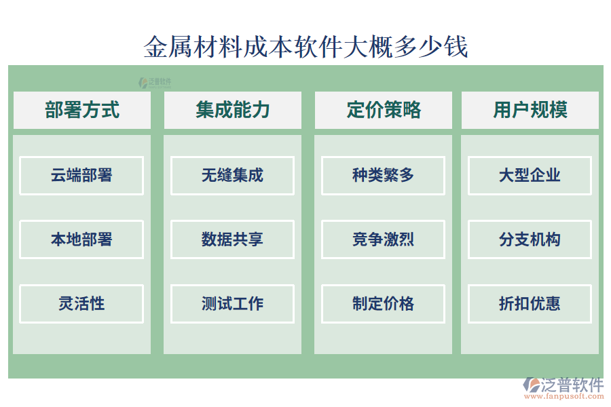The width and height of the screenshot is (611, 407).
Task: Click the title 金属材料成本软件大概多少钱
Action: tap(305, 47)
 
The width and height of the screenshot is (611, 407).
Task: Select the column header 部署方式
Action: tap(82, 110)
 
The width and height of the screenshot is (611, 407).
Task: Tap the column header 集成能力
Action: tap(233, 110)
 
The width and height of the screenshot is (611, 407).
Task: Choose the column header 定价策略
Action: tap(384, 110)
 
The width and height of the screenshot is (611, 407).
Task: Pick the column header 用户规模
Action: tap(530, 110)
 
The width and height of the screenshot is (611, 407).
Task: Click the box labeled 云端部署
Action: tap(81, 176)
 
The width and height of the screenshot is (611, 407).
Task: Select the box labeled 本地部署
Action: tap(81, 239)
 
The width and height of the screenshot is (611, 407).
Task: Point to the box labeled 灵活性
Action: tap(81, 303)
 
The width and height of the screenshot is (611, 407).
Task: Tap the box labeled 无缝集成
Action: tap(232, 176)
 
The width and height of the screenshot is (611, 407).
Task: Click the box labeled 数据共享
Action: tap(232, 239)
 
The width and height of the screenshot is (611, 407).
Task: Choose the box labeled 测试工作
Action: tap(232, 303)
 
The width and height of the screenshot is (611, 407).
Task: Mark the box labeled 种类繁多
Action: tap(383, 176)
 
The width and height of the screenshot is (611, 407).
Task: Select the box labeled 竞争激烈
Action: tap(383, 239)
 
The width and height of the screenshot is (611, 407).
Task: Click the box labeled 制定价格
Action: tap(383, 303)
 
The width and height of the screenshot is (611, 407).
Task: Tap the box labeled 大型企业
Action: tap(530, 176)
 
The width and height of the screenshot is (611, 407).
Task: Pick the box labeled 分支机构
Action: tap(530, 239)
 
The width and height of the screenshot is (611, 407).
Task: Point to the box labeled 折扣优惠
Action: tap(530, 303)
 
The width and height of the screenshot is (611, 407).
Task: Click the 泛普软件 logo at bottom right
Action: tap(563, 385)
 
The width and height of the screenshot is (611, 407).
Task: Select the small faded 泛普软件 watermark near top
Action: tap(155, 82)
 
